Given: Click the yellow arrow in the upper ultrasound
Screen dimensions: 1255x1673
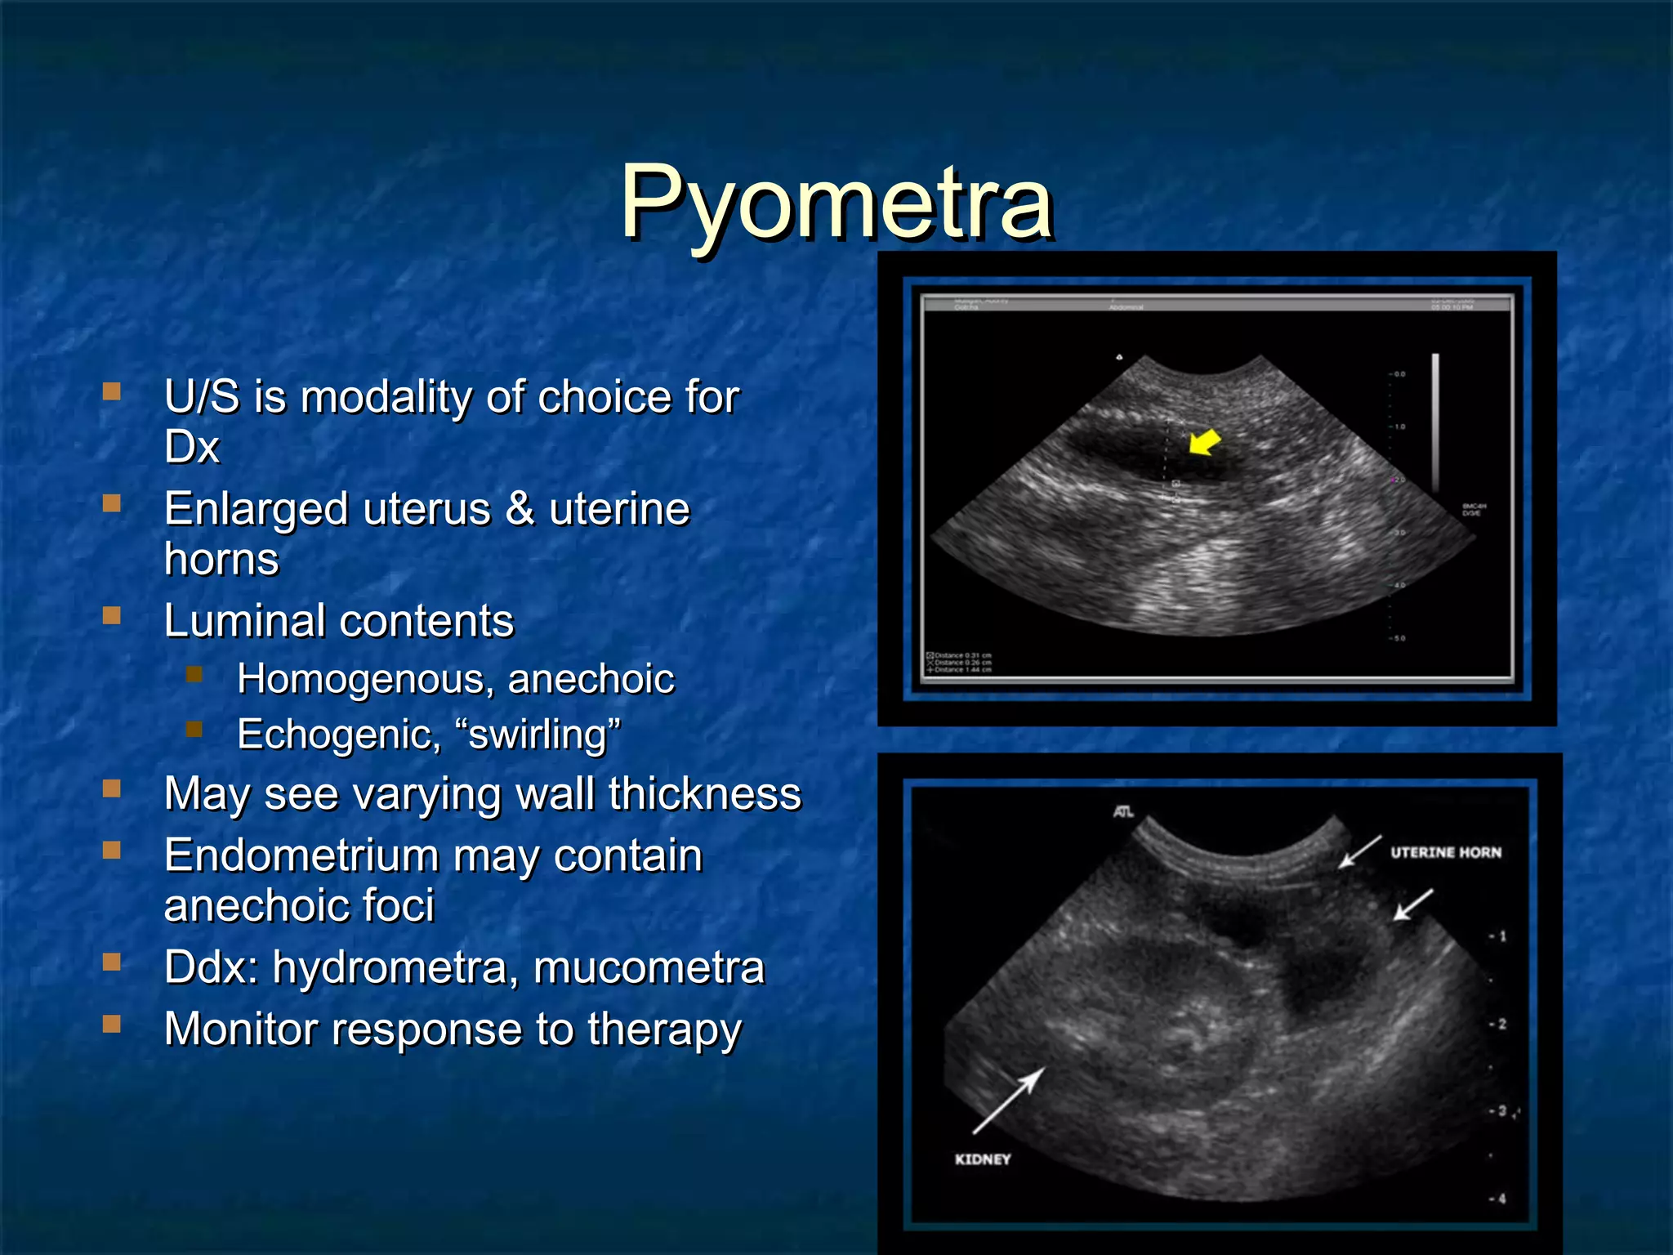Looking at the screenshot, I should click(x=1204, y=444).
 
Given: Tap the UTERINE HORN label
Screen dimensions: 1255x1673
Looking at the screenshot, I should click(x=1445, y=852).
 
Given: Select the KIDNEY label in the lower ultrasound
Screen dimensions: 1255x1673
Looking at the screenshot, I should click(x=983, y=1159).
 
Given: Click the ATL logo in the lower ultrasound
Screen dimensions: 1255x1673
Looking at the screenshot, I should click(x=1123, y=812).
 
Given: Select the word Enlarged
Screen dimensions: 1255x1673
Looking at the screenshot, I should click(x=257, y=510).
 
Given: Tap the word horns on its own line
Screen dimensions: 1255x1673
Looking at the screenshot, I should click(x=221, y=560).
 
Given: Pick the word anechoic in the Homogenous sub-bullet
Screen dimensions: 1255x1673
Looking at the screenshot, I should click(x=591, y=680).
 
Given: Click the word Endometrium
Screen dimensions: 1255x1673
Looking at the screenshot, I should click(x=301, y=856).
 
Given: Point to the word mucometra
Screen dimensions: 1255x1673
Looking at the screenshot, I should click(x=649, y=967).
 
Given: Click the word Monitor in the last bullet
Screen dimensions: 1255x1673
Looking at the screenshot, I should click(x=240, y=1029).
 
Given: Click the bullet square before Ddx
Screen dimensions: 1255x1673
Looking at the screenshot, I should click(x=112, y=962).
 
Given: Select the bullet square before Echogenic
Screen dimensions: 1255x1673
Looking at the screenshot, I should click(x=194, y=729).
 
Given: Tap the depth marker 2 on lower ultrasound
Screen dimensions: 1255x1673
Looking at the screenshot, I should click(x=1501, y=1024).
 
